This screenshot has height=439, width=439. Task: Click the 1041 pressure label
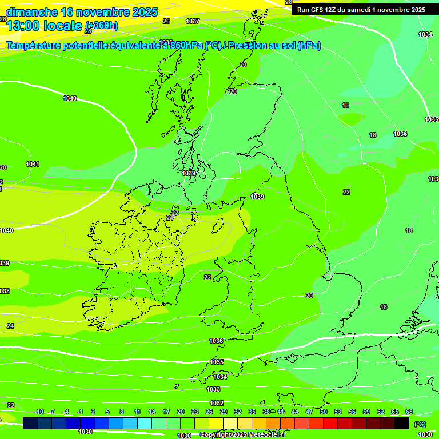33,165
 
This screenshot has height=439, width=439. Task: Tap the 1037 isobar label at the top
193,21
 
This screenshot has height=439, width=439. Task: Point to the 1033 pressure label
213,389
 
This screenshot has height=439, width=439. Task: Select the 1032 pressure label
217,403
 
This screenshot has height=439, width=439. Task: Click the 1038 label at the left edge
4,291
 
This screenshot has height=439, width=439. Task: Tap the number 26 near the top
166,21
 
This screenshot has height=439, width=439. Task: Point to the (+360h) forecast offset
102,25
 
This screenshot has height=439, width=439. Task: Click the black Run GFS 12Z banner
361,9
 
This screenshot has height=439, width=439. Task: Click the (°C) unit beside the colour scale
420,424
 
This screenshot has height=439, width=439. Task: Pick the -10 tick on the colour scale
39,412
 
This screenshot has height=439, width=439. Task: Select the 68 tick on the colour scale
409,412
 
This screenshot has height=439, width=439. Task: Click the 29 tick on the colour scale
224,412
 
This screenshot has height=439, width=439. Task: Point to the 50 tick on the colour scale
324,412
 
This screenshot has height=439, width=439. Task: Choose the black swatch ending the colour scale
402,423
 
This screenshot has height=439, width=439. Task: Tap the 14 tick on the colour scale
152,412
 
